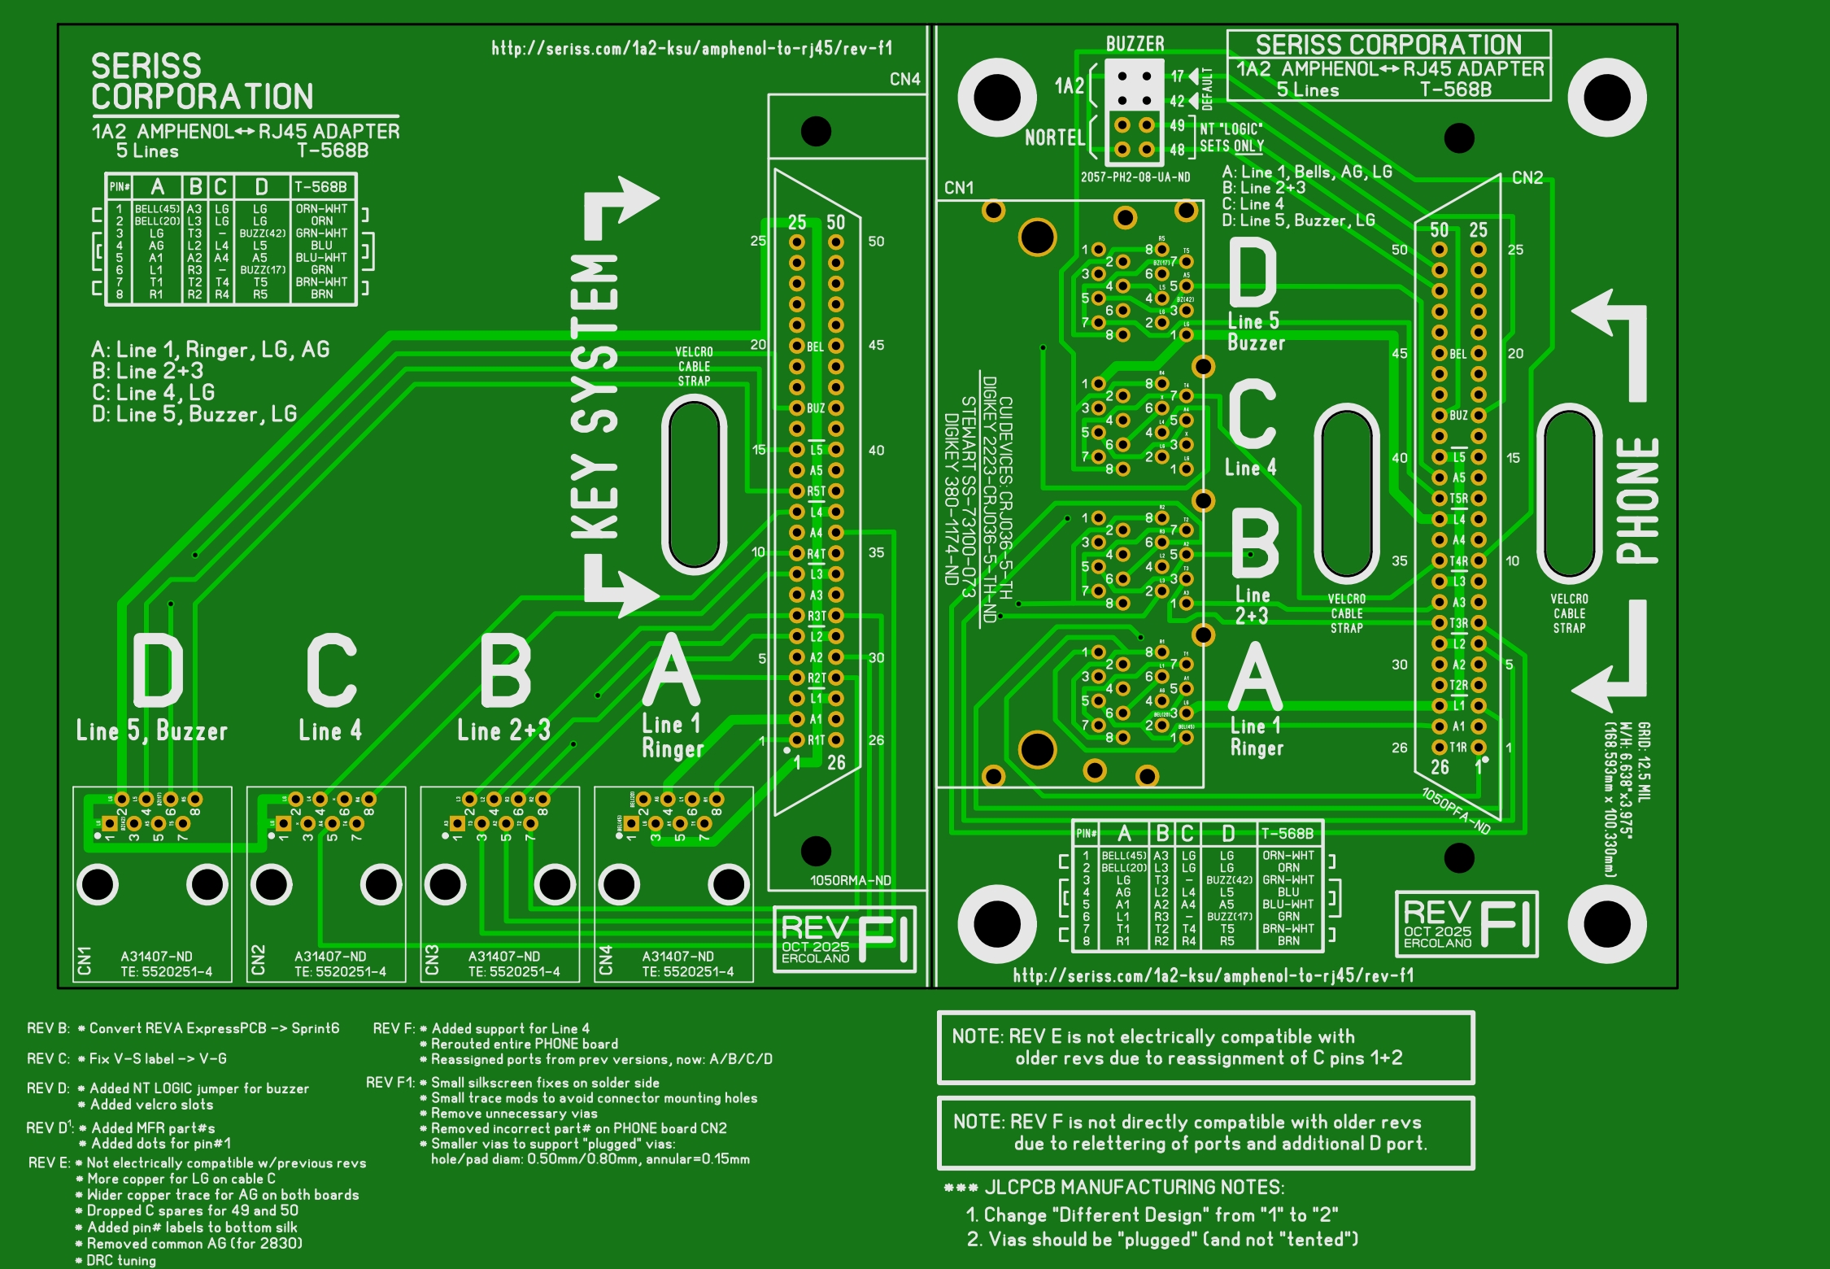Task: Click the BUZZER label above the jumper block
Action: click(x=1135, y=44)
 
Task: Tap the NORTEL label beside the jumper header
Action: click(x=1054, y=137)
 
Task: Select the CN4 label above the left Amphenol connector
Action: click(x=904, y=79)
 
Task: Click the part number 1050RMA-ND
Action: click(x=850, y=880)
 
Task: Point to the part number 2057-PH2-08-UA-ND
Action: click(x=1135, y=177)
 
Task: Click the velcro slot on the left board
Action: click(x=694, y=485)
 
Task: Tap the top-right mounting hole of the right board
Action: click(x=1607, y=98)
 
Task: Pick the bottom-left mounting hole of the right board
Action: click(x=996, y=924)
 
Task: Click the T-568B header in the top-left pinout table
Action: click(x=320, y=187)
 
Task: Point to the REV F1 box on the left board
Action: click(x=844, y=940)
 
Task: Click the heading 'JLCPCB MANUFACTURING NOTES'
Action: click(x=1134, y=1188)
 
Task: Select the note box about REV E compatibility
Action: click(x=1205, y=1048)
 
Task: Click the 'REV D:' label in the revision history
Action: click(x=48, y=1088)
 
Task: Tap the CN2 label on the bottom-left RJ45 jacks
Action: click(x=259, y=960)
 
